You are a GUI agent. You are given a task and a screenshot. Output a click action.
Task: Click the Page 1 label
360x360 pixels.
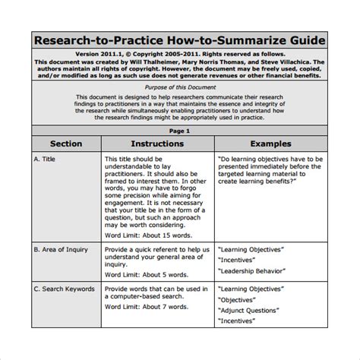[180, 131]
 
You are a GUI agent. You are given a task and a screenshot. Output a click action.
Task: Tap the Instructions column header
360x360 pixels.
[157, 143]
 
